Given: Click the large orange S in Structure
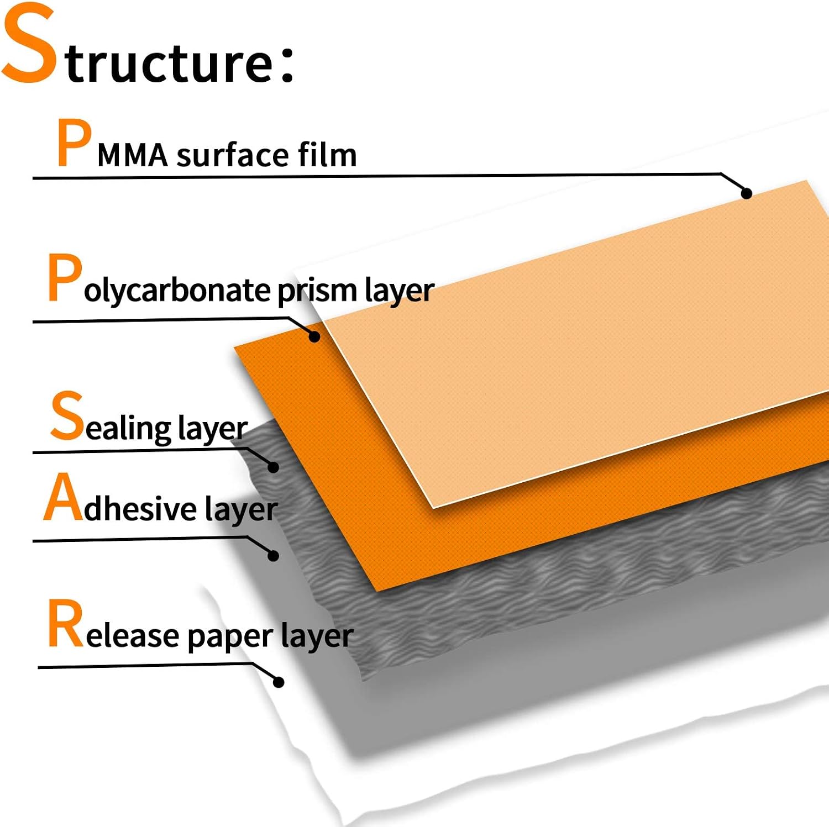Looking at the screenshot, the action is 29,43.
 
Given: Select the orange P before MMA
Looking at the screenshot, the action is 74,143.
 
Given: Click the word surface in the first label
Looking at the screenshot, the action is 233,155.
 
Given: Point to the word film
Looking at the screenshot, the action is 328,154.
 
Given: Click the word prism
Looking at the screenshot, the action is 317,291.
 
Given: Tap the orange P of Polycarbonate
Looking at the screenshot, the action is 65,277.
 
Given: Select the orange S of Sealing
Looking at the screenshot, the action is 67,415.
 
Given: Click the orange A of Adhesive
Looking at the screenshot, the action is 63,497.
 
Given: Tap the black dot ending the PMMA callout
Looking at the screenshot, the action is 746,193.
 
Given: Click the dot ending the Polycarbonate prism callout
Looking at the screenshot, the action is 314,336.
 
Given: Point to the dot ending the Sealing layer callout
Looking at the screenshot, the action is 273,467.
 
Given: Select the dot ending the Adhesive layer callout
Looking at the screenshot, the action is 273,555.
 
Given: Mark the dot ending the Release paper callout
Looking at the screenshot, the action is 279,682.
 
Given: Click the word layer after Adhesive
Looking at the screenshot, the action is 241,509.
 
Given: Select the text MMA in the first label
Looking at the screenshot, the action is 133,155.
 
